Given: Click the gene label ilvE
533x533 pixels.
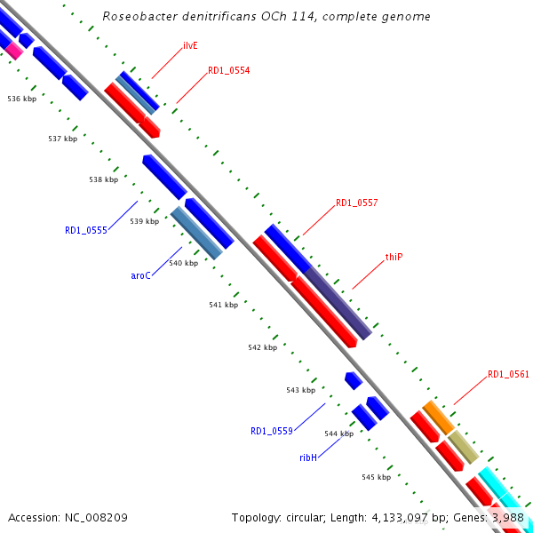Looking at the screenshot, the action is [189, 45].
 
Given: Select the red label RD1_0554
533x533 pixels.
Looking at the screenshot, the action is [228, 70].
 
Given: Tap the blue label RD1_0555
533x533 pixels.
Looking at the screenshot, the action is [85, 230].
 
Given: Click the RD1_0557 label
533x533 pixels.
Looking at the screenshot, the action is [356, 203].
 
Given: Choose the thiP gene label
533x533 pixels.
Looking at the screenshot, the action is [394, 257].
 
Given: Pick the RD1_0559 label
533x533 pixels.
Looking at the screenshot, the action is [271, 431].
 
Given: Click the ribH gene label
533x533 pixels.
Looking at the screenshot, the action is [307, 457].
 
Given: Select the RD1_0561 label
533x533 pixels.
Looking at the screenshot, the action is [508, 375].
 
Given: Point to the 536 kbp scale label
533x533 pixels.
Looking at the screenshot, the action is [21, 99].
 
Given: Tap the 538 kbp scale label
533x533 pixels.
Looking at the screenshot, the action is [103, 179].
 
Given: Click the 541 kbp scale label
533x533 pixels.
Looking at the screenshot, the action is [223, 305].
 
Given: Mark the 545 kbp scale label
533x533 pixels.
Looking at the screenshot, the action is [376, 477].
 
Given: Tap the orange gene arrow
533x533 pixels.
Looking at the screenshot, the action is [437, 416].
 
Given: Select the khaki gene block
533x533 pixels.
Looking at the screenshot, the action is [462, 444].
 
